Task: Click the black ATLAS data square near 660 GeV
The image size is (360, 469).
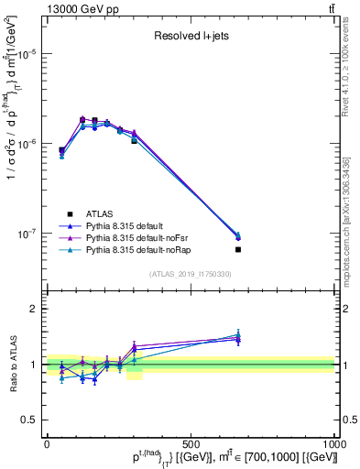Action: (x=237, y=249)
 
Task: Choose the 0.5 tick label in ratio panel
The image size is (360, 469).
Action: (x=29, y=420)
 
